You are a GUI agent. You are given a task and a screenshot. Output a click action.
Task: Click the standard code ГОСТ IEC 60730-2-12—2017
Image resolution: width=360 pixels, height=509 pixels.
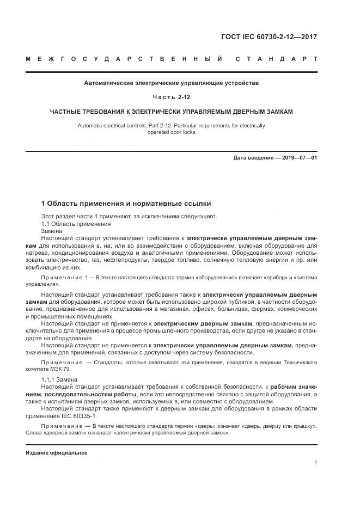[269, 37]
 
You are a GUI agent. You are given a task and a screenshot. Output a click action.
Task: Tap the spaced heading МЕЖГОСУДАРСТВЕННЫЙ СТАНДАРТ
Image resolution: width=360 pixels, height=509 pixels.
[172, 59]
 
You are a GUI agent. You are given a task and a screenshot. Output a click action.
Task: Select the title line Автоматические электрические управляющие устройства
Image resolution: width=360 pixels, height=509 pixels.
[172, 83]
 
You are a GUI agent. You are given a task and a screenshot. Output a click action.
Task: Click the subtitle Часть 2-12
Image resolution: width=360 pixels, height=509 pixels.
[172, 97]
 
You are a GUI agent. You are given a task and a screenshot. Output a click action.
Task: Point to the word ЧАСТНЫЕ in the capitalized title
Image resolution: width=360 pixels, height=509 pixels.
[65, 111]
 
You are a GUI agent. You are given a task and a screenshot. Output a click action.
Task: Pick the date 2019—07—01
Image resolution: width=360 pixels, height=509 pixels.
[299, 158]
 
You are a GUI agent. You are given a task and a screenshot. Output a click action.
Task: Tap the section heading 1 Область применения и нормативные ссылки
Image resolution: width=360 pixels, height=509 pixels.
[126, 204]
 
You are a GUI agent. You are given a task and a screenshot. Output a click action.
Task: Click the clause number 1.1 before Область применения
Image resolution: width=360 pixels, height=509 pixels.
[46, 223]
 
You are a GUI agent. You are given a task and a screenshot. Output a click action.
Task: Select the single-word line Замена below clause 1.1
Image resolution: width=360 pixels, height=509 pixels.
[52, 231]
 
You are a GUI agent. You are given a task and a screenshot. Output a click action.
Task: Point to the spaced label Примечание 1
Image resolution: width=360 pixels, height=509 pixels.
[62, 278]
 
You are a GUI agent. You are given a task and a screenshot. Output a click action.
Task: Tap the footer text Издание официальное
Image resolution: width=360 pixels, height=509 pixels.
[57, 453]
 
